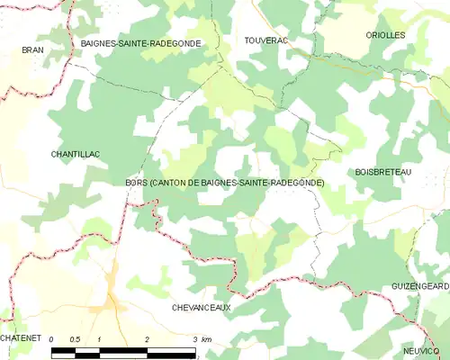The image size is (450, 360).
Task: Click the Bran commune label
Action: tap(32, 50)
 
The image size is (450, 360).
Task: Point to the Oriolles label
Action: tap(385, 35)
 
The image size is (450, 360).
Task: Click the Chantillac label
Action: tap(76, 154)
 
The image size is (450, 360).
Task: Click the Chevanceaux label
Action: tap(201, 308)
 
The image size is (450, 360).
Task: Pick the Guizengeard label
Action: tap(420, 285)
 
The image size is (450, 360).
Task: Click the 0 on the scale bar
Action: tap(51, 339)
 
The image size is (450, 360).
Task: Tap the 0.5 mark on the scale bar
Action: tap(76, 339)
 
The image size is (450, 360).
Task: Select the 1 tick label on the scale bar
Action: tap(99, 339)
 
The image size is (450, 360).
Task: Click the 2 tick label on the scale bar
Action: tap(147, 339)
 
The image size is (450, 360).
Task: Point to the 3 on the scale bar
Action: tap(194, 339)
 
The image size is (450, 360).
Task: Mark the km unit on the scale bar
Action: tap(207, 339)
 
